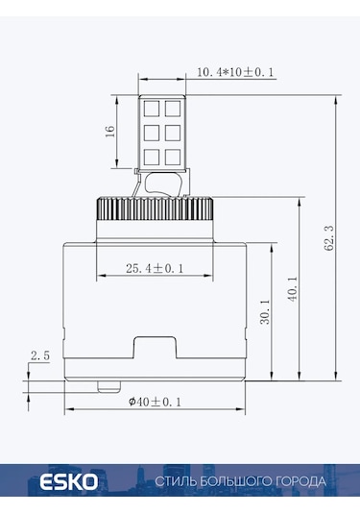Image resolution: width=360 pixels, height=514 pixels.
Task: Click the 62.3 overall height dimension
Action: tap(329, 238)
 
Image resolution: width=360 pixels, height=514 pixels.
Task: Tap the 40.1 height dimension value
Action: tap(293, 289)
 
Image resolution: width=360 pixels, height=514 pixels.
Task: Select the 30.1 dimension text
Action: tap(265, 311)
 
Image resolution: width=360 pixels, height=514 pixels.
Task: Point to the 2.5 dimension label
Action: tap(40, 355)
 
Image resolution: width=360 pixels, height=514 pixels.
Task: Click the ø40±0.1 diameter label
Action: tap(155, 402)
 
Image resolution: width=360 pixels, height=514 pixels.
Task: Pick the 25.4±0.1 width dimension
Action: tap(155, 268)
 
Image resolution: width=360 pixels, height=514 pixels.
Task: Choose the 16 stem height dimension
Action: tap(110, 131)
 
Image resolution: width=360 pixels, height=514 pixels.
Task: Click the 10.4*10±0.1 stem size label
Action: tap(235, 72)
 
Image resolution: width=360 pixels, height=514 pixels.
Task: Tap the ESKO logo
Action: tap(69, 482)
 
